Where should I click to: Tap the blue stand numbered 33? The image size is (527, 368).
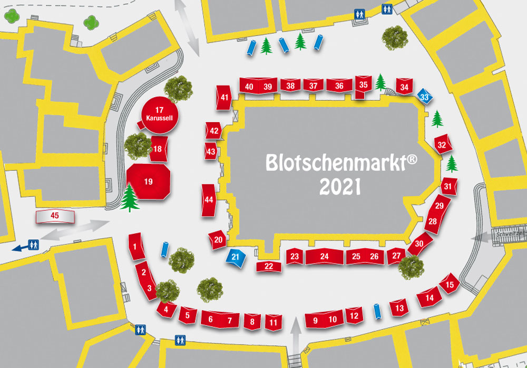(425, 97)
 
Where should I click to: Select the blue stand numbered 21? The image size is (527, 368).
(236, 257)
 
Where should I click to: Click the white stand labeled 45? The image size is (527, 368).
(55, 215)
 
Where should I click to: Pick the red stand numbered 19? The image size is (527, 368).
(149, 181)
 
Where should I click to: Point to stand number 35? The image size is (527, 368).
(363, 85)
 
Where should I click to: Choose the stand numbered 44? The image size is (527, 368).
(209, 200)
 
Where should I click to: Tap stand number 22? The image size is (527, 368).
(269, 266)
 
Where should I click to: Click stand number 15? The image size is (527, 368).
(450, 286)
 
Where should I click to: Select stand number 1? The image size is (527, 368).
(136, 246)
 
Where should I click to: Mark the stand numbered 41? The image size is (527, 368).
(225, 98)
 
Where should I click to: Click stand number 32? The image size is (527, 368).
(442, 145)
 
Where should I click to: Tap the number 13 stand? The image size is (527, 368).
(399, 308)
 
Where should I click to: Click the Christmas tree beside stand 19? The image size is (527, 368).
(129, 198)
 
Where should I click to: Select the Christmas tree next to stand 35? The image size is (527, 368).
(380, 82)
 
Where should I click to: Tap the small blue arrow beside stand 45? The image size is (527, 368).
(19, 247)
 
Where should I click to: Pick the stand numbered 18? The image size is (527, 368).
(158, 149)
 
